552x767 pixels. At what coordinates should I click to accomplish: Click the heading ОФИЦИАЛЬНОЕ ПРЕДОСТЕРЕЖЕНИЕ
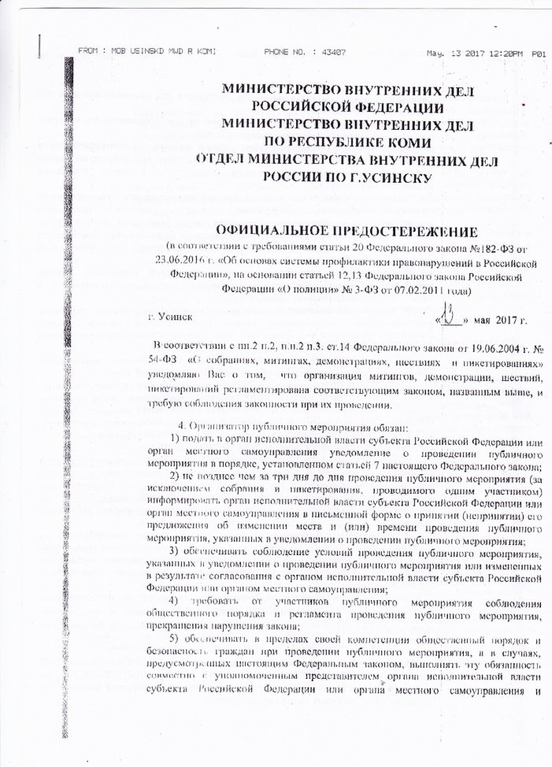pyautogui.click(x=319, y=232)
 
